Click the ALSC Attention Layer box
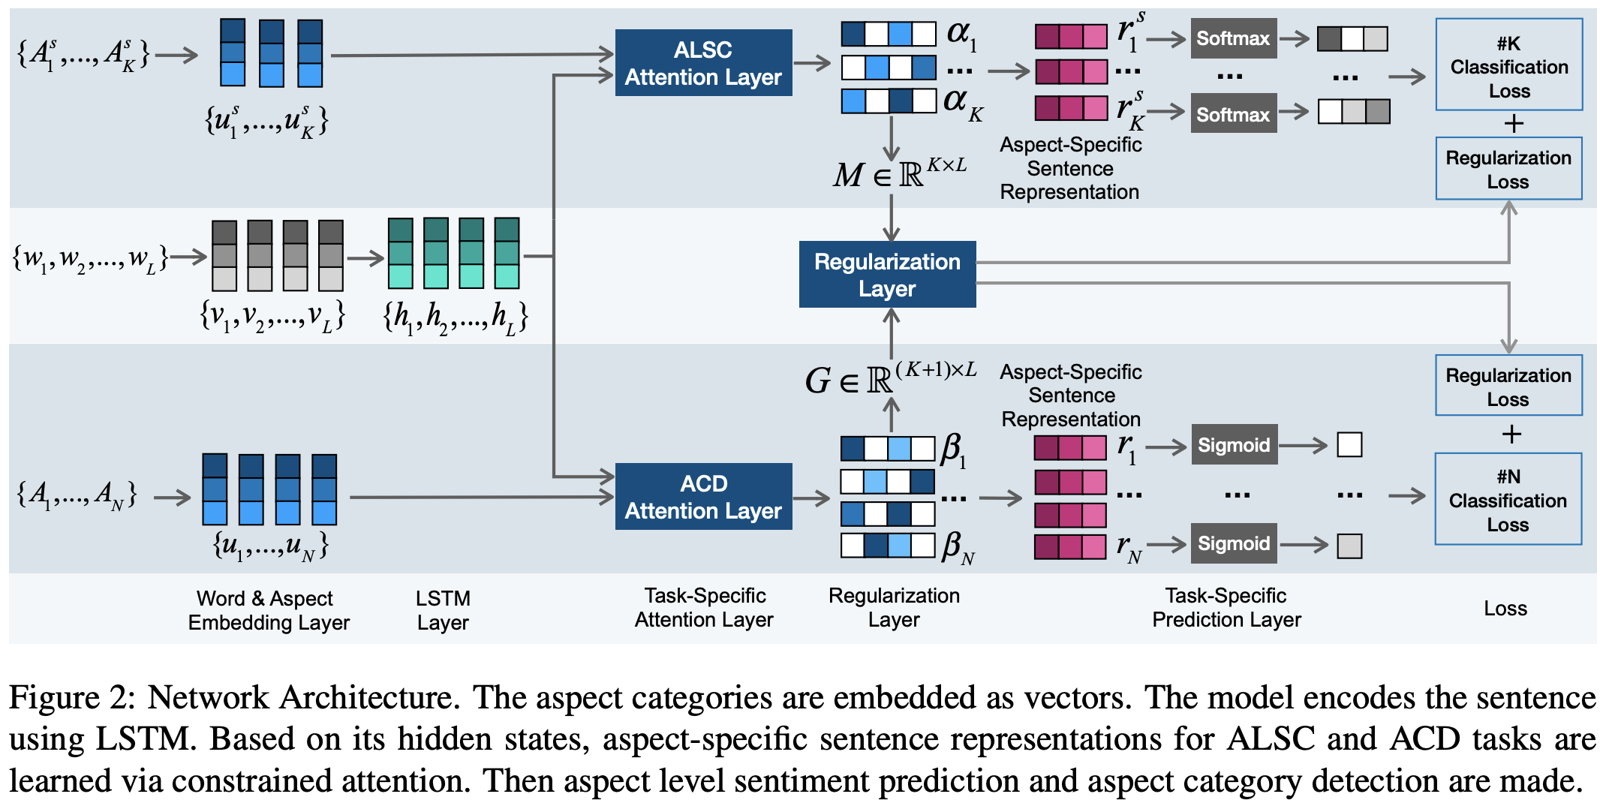click(703, 63)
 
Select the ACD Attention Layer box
click(703, 497)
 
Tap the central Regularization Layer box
click(887, 275)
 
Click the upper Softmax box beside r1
click(1233, 38)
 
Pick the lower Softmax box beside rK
click(1233, 114)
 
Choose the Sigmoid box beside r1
click(1234, 445)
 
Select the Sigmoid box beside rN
click(1234, 543)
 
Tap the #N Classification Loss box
click(1508, 499)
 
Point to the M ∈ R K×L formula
click(899, 173)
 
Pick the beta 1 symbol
click(954, 450)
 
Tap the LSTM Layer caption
click(443, 610)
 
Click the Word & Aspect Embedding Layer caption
click(269, 610)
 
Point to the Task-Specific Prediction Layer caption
click(1226, 607)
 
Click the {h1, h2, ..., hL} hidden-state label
click(455, 317)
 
